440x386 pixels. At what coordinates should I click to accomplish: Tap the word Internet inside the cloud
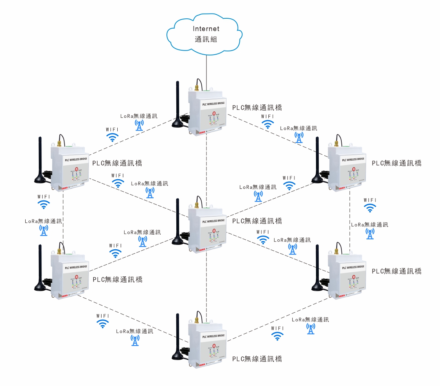(x=206, y=29)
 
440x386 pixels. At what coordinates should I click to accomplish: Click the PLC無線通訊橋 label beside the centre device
(x=257, y=221)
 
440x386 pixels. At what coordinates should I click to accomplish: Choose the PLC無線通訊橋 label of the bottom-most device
(x=257, y=359)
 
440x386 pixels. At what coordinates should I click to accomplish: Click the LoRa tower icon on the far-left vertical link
(x=44, y=230)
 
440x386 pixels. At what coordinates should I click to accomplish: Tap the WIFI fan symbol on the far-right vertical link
(x=370, y=208)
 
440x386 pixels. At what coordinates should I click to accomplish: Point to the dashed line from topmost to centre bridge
(x=206, y=165)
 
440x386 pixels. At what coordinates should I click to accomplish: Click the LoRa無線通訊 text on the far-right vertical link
(x=370, y=225)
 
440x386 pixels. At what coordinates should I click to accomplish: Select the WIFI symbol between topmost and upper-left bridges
(x=112, y=137)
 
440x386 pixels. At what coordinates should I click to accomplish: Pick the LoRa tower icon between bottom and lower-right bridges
(x=311, y=329)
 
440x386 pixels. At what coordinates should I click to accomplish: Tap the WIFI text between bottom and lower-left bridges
(x=103, y=316)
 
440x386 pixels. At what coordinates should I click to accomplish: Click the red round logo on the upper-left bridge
(x=77, y=169)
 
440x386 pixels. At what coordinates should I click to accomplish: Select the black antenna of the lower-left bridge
(x=40, y=268)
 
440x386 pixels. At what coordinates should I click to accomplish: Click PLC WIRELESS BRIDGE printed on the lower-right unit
(x=353, y=267)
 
